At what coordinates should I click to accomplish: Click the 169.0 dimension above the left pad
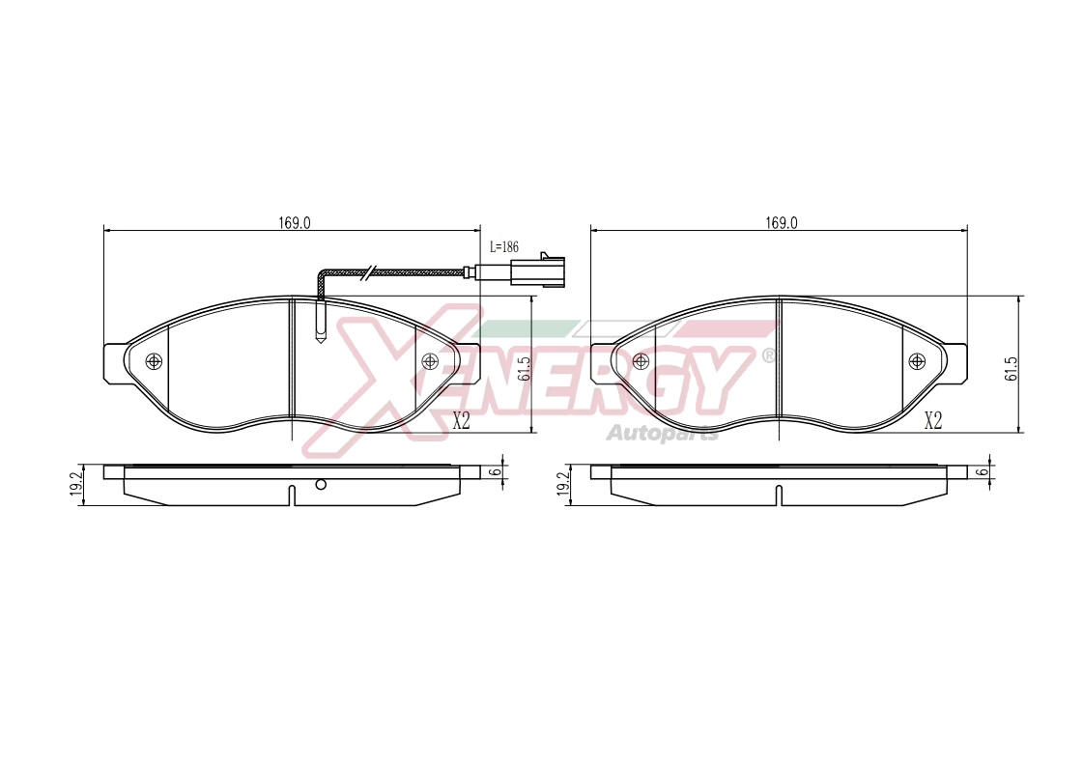[x=295, y=222]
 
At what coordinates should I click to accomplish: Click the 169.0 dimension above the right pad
[x=782, y=222]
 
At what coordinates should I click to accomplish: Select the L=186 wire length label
[x=504, y=246]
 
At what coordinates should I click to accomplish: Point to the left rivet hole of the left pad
[x=154, y=360]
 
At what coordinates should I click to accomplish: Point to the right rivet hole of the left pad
[x=430, y=360]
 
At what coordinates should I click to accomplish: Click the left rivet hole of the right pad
[x=641, y=360]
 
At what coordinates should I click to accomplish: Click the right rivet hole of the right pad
[x=917, y=360]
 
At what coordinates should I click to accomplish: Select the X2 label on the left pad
[x=461, y=420]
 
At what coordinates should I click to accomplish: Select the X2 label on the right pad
[x=933, y=420]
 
